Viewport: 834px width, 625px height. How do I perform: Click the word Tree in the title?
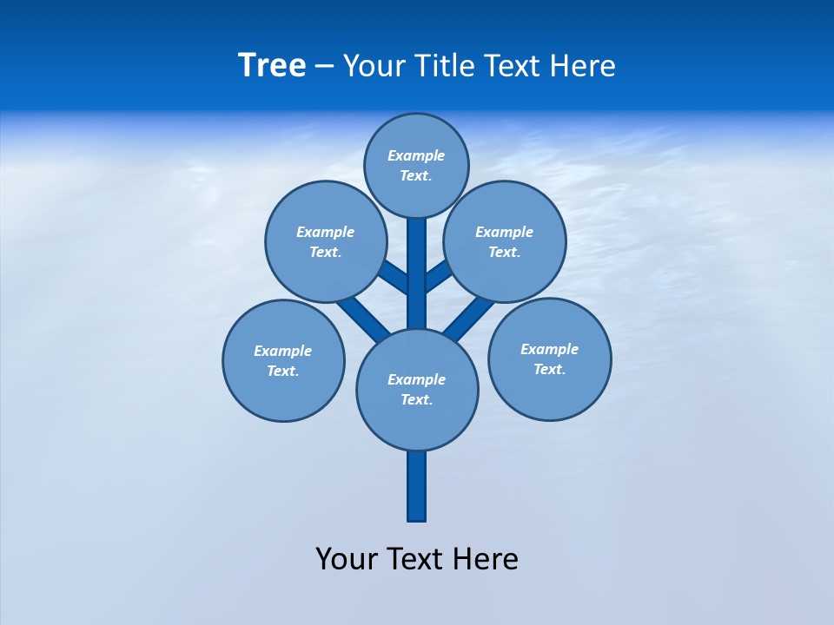(272, 65)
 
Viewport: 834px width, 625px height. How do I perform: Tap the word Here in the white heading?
(583, 65)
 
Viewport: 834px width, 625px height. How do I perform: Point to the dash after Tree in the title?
(324, 66)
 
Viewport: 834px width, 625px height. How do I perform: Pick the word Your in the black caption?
(347, 558)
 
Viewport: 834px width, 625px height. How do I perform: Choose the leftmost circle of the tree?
(283, 360)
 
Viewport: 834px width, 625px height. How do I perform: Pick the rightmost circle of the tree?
(549, 359)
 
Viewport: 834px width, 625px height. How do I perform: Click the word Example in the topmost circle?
(416, 155)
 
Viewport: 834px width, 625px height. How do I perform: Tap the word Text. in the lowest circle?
(416, 400)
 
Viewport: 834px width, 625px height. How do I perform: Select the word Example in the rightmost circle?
(549, 349)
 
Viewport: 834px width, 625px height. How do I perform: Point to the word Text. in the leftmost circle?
(283, 372)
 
